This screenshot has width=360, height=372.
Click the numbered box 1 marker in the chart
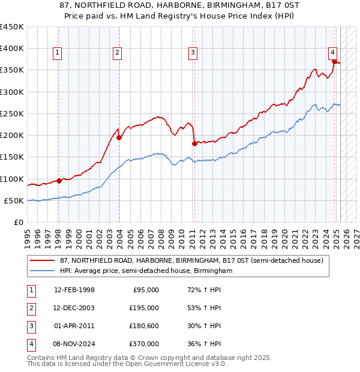coord(57,53)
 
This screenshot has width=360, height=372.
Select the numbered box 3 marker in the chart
coord(193,53)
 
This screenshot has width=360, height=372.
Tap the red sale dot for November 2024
coord(334,61)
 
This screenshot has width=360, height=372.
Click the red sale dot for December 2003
coord(119,137)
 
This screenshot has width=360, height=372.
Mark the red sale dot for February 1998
coord(59,181)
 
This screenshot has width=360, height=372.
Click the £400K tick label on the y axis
coord(12,49)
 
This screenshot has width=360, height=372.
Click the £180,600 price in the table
coord(144,326)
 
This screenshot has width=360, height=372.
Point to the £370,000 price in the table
coord(144,344)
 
